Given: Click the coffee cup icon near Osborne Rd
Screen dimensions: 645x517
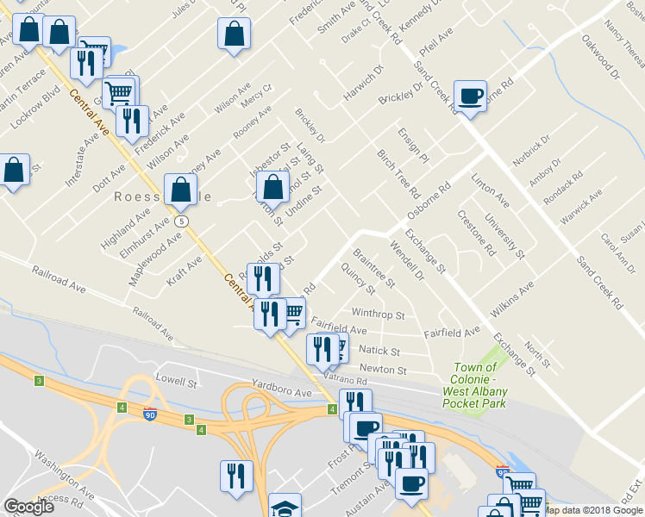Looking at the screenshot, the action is click(470, 96).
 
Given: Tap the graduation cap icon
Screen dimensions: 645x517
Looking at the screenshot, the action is click(285, 507).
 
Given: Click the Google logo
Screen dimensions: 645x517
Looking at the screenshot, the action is click(28, 507).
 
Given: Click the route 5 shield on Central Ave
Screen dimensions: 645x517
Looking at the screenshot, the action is click(181, 221).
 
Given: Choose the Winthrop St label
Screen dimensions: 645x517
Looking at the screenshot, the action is click(379, 315).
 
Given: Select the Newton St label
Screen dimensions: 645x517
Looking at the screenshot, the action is click(383, 370).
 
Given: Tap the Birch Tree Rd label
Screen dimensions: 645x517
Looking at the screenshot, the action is click(398, 172).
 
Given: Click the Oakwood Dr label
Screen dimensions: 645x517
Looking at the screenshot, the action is click(600, 57).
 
